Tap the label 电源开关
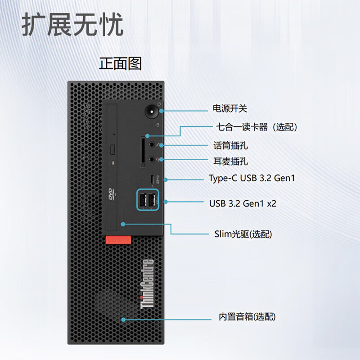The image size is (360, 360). coord(230,108)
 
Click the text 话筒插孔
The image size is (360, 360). coord(230,146)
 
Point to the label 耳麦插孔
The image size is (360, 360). coord(230,161)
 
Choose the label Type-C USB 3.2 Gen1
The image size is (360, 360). coord(252,178)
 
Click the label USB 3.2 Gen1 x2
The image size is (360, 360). coord(243,203)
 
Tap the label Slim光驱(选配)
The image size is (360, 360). coord(243,234)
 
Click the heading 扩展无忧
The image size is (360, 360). coord(72,25)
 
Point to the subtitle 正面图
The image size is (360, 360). coord(120,63)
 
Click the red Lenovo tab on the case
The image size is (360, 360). coord(118,240)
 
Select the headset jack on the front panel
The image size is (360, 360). coord(153,159)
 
